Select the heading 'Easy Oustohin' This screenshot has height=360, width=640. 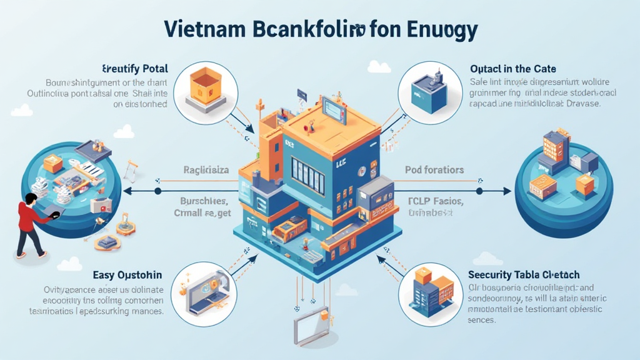(x=127, y=274)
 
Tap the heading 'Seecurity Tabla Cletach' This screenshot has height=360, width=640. (x=524, y=274)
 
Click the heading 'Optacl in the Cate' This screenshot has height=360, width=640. (x=512, y=68)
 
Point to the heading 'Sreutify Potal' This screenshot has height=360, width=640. (x=134, y=68)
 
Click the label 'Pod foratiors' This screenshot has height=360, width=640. (x=434, y=170)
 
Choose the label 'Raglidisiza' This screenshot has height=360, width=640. (x=207, y=169)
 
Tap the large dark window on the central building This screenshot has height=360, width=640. (x=307, y=174)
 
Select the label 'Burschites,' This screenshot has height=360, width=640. (x=204, y=201)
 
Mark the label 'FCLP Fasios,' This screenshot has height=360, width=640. (x=436, y=201)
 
